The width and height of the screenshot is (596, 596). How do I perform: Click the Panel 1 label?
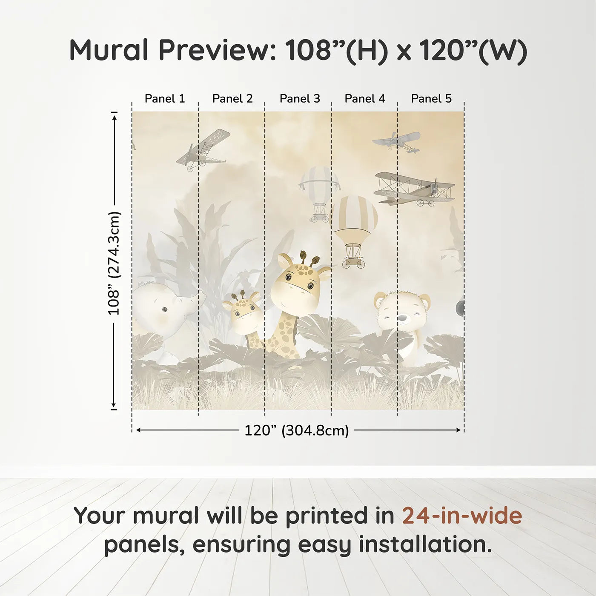click(x=165, y=99)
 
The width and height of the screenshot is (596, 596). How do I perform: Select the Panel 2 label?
click(x=232, y=99)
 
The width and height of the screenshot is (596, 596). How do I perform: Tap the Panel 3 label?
click(x=299, y=99)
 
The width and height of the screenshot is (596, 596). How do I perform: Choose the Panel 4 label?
click(x=364, y=99)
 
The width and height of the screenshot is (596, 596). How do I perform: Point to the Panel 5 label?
click(x=431, y=99)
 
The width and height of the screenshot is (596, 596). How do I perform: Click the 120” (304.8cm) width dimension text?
click(x=296, y=430)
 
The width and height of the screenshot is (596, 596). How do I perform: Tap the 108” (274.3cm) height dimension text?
click(x=114, y=263)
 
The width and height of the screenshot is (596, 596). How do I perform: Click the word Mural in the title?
click(x=109, y=50)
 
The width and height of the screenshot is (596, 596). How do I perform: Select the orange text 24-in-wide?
click(x=462, y=516)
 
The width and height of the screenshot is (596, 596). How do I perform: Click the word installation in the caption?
click(x=424, y=544)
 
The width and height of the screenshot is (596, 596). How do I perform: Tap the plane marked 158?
click(x=203, y=149)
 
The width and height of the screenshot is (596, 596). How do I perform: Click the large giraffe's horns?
click(x=309, y=258)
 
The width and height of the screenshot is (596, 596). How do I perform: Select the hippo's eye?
click(x=164, y=309)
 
